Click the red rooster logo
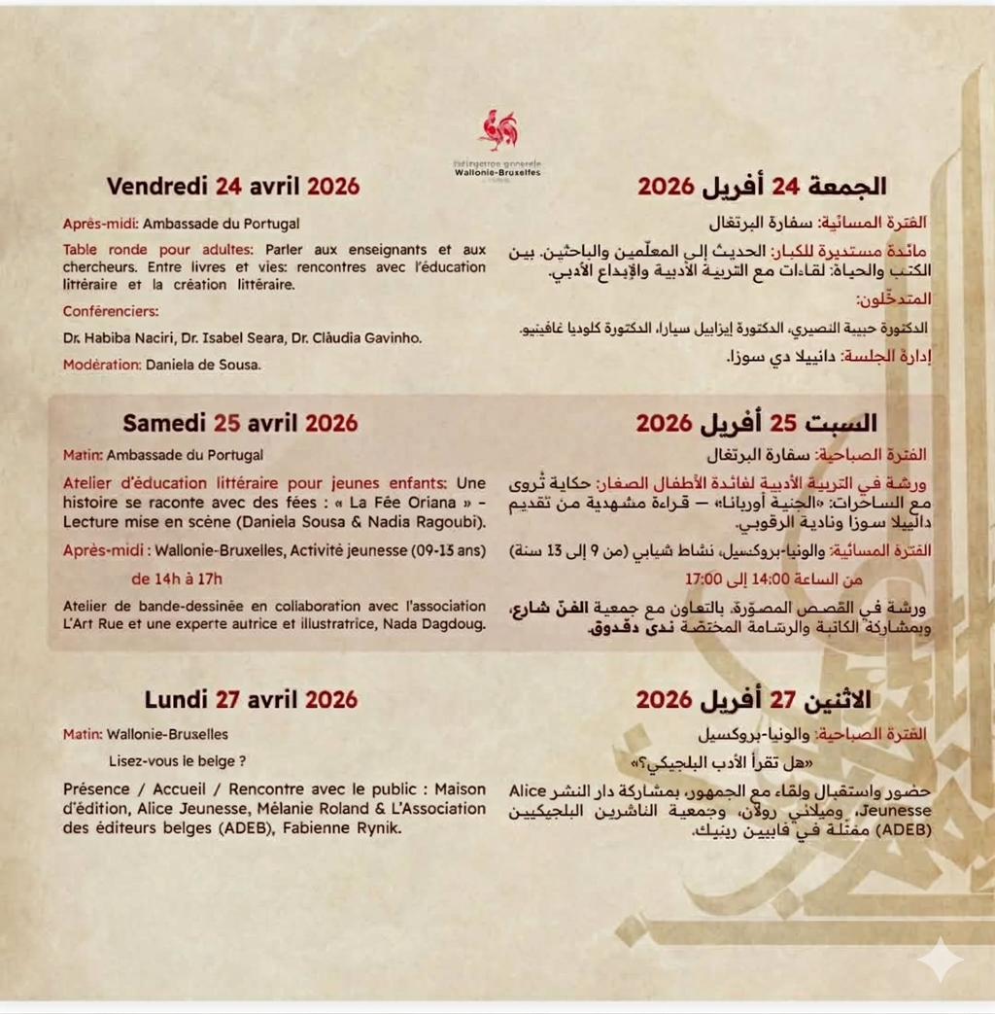(x=498, y=130)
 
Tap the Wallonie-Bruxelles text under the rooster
(x=498, y=172)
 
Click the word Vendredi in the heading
(x=157, y=186)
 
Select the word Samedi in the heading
(x=164, y=423)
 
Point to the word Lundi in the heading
(x=176, y=699)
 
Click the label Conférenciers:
(x=110, y=312)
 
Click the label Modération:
(x=102, y=366)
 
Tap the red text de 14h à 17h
(x=177, y=579)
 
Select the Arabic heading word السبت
(x=841, y=423)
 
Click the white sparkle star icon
(x=940, y=962)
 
